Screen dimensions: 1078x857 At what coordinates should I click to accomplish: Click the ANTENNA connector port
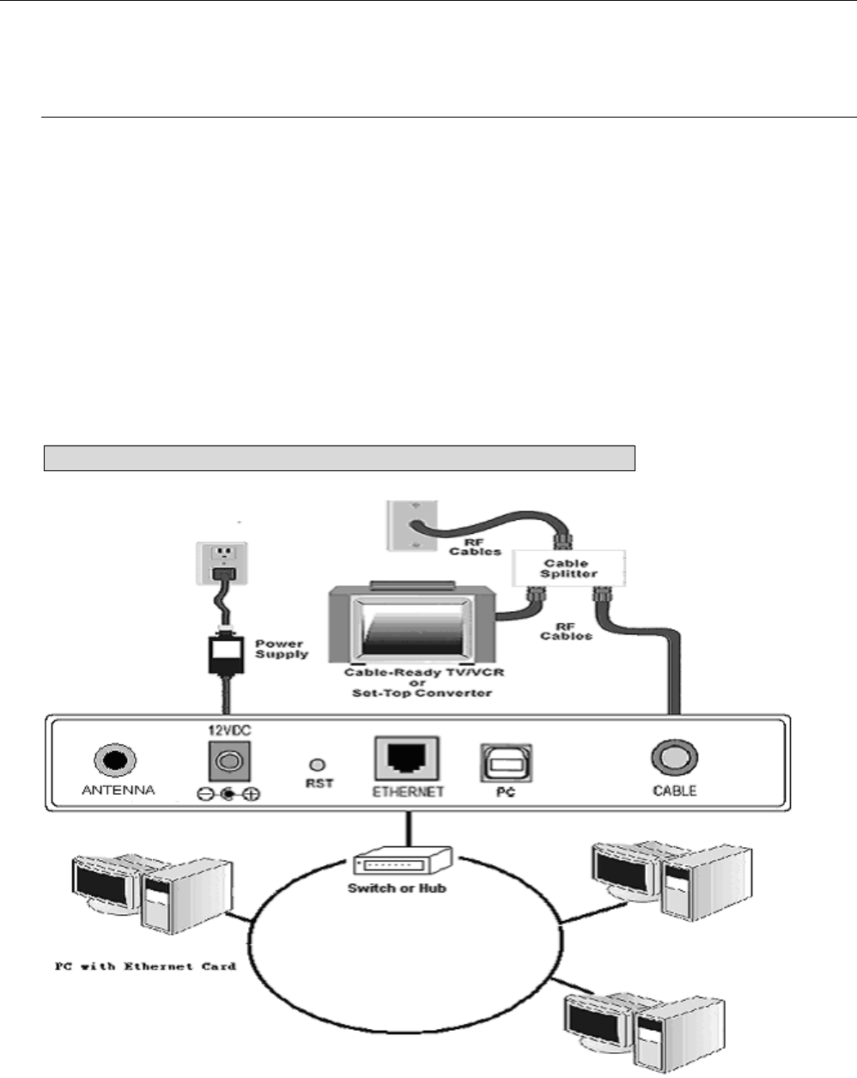click(115, 760)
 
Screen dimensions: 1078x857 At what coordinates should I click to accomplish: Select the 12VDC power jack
click(226, 760)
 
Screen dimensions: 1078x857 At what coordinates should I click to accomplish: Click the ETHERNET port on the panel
click(407, 759)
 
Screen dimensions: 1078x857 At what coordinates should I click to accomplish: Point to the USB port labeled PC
click(506, 760)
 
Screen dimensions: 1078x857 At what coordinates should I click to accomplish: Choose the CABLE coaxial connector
click(673, 759)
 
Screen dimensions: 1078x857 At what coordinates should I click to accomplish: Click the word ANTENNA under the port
click(119, 790)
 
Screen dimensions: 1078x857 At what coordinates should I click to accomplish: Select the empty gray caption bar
click(339, 458)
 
